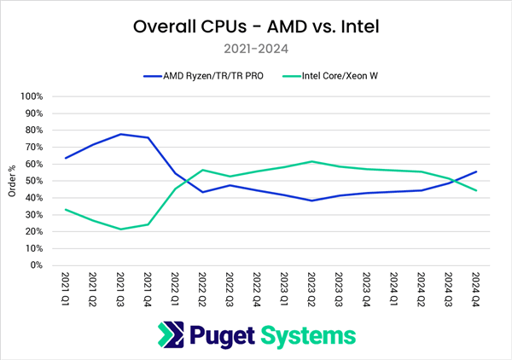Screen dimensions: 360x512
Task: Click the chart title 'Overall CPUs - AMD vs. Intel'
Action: pos(256,26)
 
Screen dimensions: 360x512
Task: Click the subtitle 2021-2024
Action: pos(256,49)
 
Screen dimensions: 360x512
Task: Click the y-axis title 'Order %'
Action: pos(11,181)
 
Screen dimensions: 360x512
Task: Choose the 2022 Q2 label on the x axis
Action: pos(202,288)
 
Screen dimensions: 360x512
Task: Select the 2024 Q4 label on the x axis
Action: pos(475,288)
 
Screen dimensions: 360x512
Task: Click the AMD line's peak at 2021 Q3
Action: pos(120,134)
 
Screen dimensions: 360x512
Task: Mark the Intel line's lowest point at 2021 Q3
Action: pos(120,229)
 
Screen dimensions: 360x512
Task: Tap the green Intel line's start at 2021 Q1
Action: pos(66,210)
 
